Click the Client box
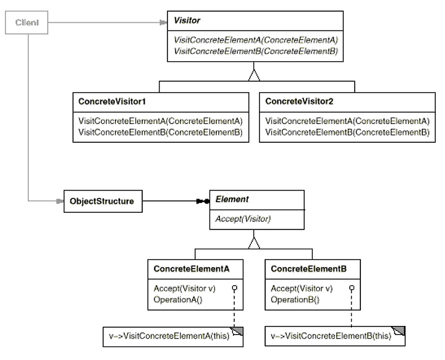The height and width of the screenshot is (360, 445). pyautogui.click(x=27, y=22)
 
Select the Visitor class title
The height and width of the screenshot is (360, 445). pyautogui.click(x=187, y=20)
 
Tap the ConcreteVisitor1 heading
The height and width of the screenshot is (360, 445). pyautogui.click(x=112, y=101)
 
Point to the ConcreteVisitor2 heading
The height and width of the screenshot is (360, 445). pyautogui.click(x=299, y=101)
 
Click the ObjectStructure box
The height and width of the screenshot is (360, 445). pyautogui.click(x=103, y=201)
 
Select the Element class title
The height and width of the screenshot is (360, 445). pyautogui.click(x=232, y=199)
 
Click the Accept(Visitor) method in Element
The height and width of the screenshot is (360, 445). pyautogui.click(x=243, y=219)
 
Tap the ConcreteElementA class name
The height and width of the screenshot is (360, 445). pyautogui.click(x=191, y=269)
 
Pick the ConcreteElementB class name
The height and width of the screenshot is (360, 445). pyautogui.click(x=308, y=269)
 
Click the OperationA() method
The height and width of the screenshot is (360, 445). pyautogui.click(x=178, y=300)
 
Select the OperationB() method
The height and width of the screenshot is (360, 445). pyautogui.click(x=295, y=300)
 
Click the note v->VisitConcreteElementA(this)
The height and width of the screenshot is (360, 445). pyautogui.click(x=173, y=336)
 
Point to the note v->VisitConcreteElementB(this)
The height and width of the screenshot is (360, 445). pyautogui.click(x=335, y=336)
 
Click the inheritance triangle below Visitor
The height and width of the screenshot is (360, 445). pyautogui.click(x=254, y=75)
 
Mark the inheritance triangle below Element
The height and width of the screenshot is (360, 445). pyautogui.click(x=254, y=243)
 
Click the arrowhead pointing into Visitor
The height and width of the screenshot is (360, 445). pyautogui.click(x=163, y=22)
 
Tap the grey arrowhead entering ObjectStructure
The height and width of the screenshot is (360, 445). pyautogui.click(x=60, y=201)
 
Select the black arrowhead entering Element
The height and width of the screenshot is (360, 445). pyautogui.click(x=203, y=201)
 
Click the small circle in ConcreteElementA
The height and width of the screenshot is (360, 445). pyautogui.click(x=234, y=288)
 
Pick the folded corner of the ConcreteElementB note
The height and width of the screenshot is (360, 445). pyautogui.click(x=399, y=331)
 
